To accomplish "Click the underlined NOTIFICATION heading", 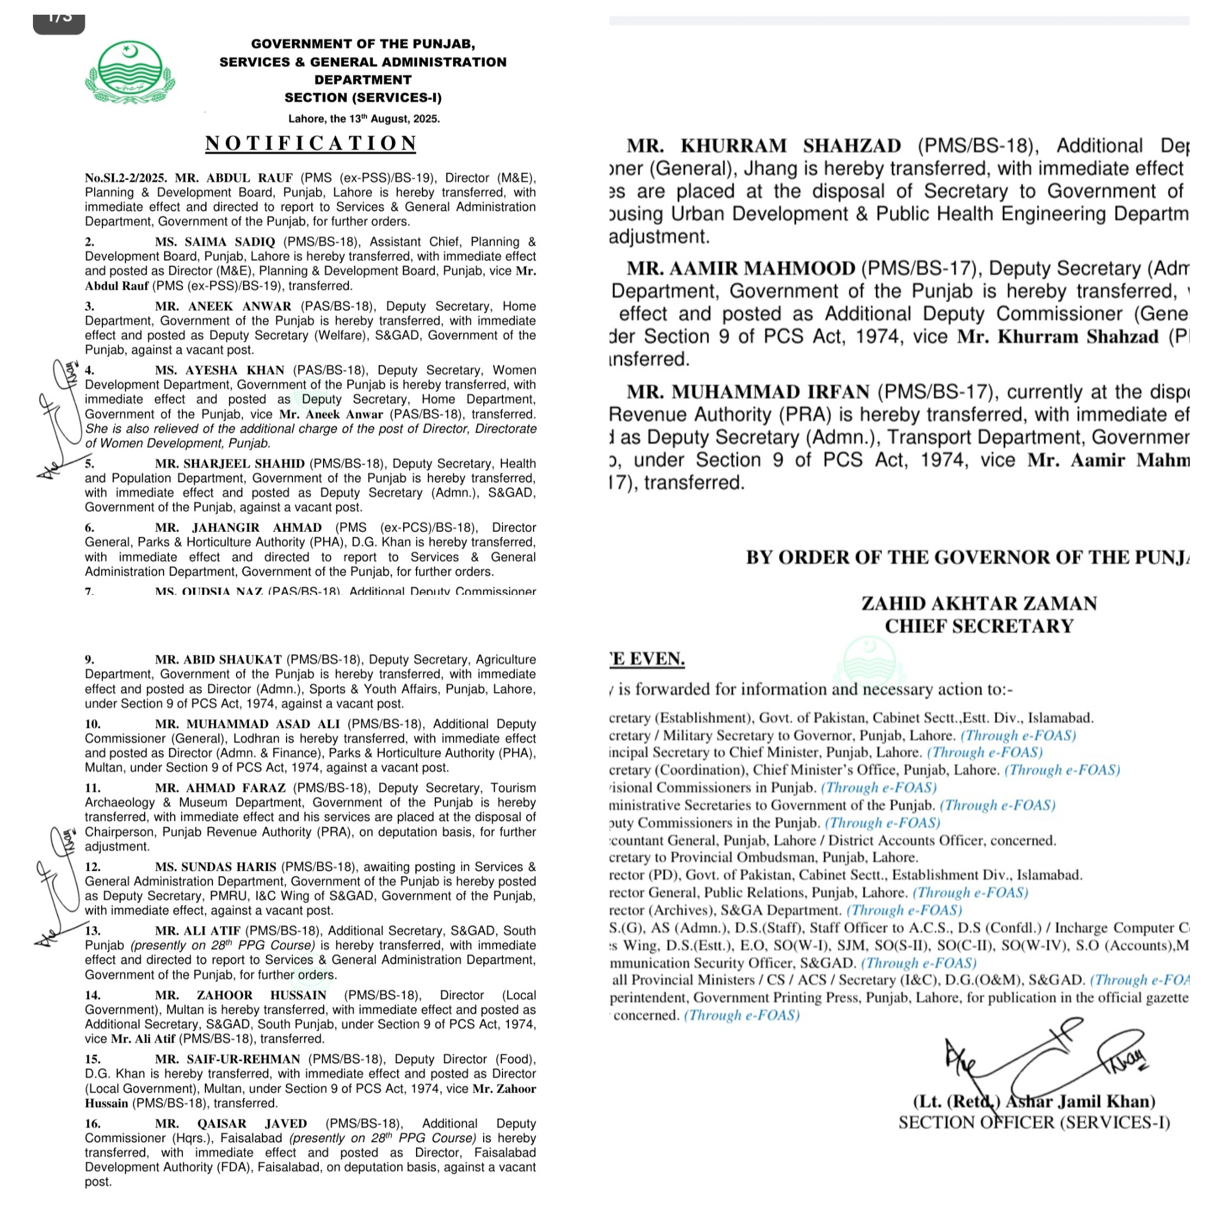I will point(311,144).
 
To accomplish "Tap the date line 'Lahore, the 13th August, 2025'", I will point(364,118).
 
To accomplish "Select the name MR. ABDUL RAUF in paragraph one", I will point(234,178).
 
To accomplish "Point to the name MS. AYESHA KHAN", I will point(219,371).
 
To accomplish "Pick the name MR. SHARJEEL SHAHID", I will point(229,464).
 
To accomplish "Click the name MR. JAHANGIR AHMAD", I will point(238,528).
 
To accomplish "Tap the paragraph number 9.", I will point(89,659).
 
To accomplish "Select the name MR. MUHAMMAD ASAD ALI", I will point(247,724).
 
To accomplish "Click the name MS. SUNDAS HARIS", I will point(215,867).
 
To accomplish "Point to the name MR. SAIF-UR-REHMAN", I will point(228,1059).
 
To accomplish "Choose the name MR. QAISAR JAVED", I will point(231,1124).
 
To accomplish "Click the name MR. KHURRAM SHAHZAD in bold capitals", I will point(763,146).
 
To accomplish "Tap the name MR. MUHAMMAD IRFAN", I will point(748,392).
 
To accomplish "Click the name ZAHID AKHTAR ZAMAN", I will point(979,603).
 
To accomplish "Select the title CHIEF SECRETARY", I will point(979,625).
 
